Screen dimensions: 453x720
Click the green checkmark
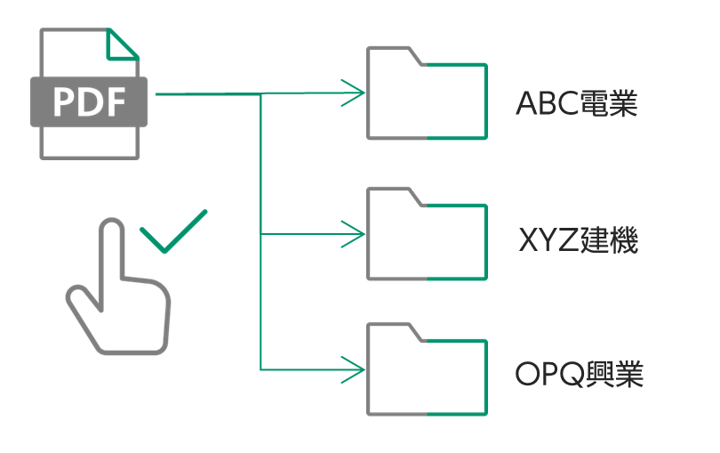[x=173, y=231]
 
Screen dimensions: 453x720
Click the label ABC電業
[x=577, y=104]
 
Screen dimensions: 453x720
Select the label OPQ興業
[x=579, y=374]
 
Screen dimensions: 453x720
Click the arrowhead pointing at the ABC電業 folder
[x=355, y=93]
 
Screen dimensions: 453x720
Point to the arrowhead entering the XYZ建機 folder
[x=355, y=235]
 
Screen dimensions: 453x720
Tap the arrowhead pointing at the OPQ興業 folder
[x=355, y=368]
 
